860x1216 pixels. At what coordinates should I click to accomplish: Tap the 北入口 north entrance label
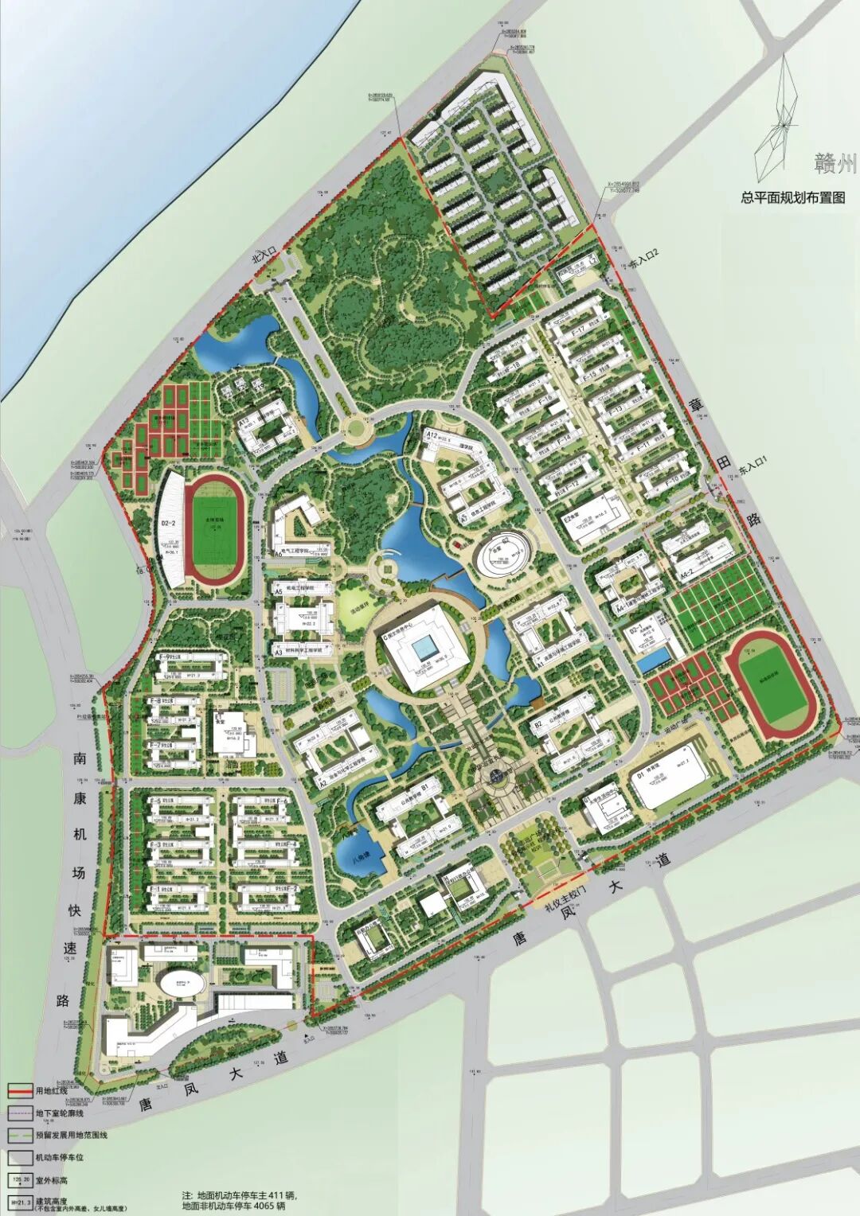point(264,256)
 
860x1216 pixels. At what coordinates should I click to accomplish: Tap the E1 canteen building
point(230,731)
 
